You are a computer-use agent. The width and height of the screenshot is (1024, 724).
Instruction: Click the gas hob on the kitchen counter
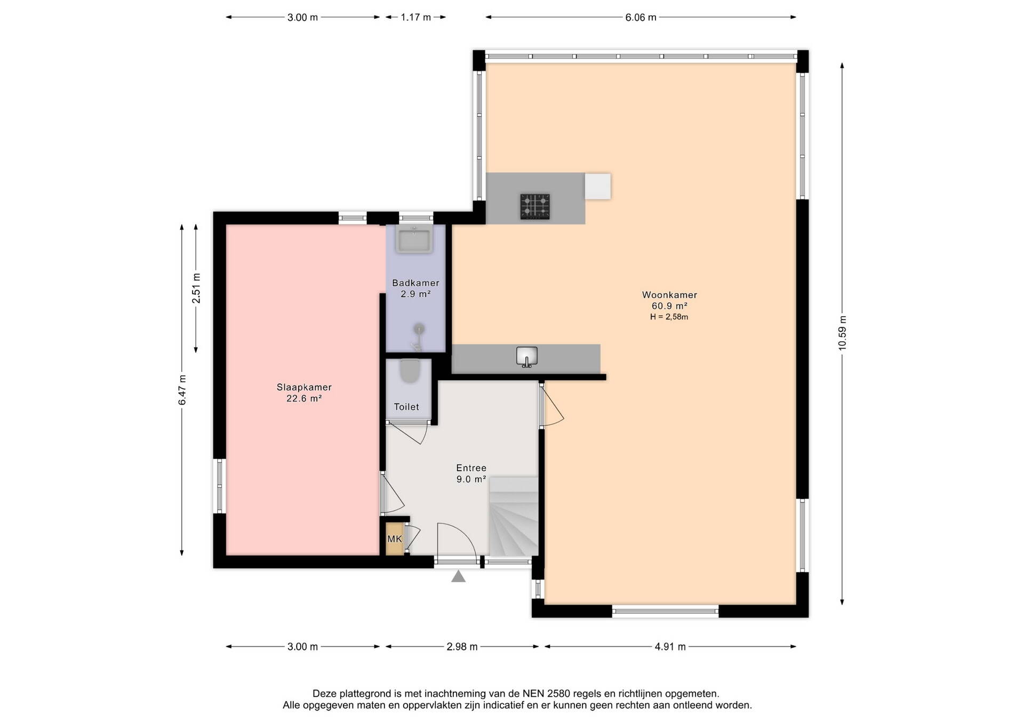click(x=535, y=206)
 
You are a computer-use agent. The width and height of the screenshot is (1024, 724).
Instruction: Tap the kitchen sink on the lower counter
click(x=526, y=356)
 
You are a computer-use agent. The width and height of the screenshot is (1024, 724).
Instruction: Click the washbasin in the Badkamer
click(x=414, y=239)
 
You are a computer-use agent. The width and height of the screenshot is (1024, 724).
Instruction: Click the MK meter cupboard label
click(x=395, y=539)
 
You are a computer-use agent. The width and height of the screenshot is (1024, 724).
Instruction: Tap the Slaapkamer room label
click(x=304, y=388)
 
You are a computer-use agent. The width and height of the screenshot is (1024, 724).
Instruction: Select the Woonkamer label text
click(x=669, y=295)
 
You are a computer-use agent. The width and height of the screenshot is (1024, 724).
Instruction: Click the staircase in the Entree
click(x=514, y=517)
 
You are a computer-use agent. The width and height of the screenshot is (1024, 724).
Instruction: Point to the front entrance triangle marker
click(x=458, y=577)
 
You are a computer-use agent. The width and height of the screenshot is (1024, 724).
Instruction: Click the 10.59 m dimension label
click(x=842, y=333)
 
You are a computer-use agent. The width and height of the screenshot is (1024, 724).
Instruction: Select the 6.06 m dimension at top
click(x=641, y=18)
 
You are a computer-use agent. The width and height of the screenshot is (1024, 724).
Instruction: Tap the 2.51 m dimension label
click(x=196, y=288)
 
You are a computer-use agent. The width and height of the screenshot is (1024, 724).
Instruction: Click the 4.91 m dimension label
click(x=670, y=647)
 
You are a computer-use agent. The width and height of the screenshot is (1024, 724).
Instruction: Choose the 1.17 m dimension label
click(x=416, y=18)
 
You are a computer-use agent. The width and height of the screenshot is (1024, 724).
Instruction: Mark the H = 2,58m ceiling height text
click(x=669, y=317)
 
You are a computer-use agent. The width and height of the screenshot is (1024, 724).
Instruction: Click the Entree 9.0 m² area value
click(x=471, y=479)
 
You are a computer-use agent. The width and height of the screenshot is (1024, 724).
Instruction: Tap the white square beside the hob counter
click(x=598, y=187)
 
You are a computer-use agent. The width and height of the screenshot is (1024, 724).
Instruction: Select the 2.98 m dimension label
click(x=462, y=647)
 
